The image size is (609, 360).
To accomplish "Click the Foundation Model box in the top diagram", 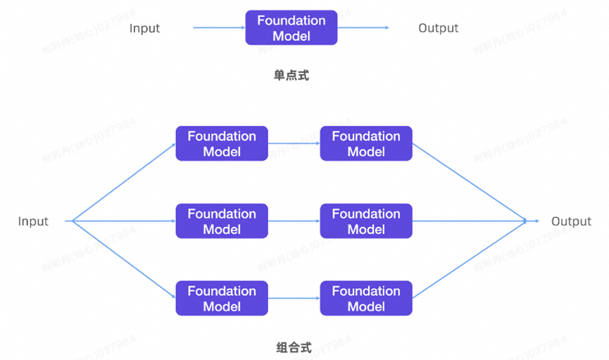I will point(291,28).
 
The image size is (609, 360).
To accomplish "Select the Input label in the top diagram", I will point(144,28).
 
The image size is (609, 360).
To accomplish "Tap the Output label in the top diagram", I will point(438,28).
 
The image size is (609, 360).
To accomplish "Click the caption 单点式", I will point(291,75).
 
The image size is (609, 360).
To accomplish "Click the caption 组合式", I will point(294,347).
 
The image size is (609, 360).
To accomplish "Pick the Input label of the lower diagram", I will point(33,221).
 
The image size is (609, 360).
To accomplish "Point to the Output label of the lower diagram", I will point(571,221).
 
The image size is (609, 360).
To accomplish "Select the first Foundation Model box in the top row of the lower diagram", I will point(221,144).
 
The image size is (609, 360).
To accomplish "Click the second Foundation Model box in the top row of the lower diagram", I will point(365,144).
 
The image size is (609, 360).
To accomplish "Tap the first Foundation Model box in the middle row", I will point(221,221).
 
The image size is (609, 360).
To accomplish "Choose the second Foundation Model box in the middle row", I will point(365,221).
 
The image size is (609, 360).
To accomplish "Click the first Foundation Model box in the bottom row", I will point(221,299).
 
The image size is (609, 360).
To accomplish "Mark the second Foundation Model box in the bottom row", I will point(365,299).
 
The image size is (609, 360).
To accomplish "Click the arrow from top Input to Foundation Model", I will point(219,28).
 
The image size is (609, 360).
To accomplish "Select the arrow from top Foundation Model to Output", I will point(363,28).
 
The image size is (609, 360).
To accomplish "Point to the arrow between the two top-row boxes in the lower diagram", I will point(294,144).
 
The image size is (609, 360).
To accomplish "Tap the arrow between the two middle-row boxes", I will point(294,221).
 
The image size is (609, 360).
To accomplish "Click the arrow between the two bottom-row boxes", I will point(294,299).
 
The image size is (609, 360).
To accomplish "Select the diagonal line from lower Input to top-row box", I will point(123,182).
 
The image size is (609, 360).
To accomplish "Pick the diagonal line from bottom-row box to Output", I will point(469,260).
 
